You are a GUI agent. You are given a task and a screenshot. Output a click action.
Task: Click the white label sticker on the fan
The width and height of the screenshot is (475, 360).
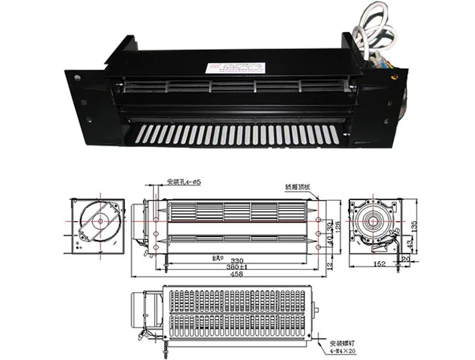[234, 68]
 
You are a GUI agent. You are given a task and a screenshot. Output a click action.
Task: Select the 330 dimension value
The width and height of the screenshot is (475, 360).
[237, 260]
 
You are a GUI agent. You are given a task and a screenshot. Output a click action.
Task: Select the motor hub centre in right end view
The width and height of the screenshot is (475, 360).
[371, 222]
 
